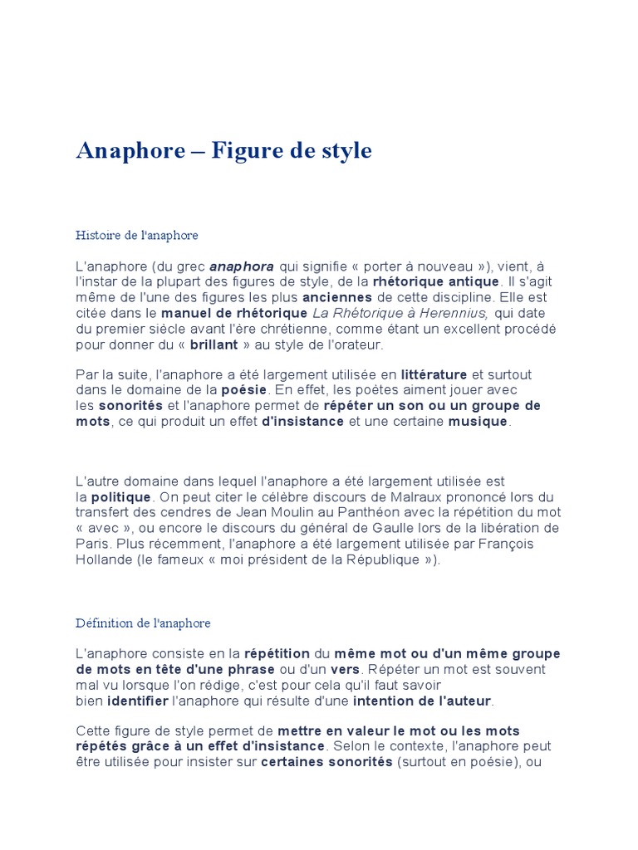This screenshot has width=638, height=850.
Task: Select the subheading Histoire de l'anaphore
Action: (x=137, y=236)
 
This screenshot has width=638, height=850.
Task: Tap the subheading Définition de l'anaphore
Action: (x=143, y=623)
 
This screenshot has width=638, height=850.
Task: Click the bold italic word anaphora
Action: (x=242, y=266)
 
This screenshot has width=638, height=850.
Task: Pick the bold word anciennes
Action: (x=337, y=297)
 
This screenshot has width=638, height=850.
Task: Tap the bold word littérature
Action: (x=434, y=375)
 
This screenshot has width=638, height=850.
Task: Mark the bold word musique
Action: (x=478, y=421)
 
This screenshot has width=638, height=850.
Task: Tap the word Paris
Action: (x=93, y=544)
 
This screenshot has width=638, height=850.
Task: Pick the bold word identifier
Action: (x=138, y=701)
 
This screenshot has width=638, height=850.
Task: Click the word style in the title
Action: (x=343, y=151)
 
